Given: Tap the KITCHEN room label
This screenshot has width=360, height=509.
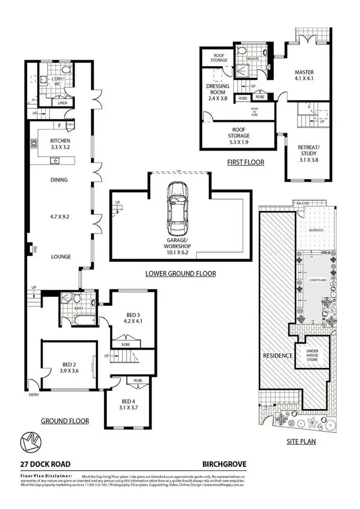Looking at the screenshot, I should pos(60,141).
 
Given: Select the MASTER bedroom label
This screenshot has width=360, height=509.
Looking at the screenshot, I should pos(304,72).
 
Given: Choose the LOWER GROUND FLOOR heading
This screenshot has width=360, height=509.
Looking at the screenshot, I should pos(180,273).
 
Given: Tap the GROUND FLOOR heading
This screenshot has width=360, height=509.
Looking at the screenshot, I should pos(65,421).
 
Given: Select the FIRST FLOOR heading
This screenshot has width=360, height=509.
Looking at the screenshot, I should pos(246,162).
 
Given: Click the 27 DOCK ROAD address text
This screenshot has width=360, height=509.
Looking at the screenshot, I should pos(45,464).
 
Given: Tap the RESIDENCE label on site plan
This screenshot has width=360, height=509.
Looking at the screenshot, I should pos(277,356).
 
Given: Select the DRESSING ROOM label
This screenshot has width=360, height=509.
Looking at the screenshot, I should pos(217,89).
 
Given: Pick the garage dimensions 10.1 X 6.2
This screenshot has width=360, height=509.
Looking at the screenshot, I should pos(180,249).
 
